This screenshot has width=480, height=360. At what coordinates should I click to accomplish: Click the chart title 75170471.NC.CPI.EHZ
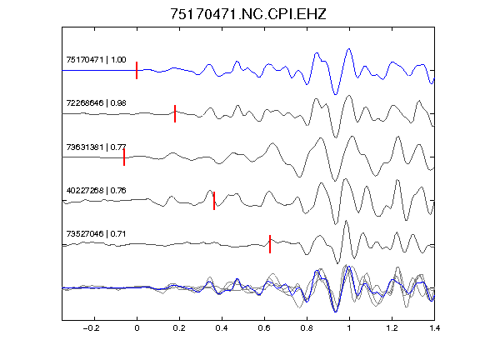(x=248, y=14)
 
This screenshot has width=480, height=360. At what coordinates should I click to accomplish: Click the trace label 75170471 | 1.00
(x=96, y=60)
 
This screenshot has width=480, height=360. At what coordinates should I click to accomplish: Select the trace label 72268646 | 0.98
(x=96, y=103)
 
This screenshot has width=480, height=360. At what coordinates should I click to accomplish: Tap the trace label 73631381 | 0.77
(x=96, y=147)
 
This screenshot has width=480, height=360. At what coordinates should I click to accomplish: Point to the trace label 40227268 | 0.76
(x=96, y=191)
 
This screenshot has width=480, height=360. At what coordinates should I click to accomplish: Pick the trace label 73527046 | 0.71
(x=96, y=234)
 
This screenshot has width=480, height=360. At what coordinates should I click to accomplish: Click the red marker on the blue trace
(x=137, y=70)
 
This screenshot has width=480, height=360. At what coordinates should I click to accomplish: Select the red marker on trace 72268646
(x=175, y=113)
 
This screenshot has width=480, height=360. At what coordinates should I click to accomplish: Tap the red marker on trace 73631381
(x=124, y=157)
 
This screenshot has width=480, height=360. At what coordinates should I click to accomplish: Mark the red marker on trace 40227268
(x=214, y=201)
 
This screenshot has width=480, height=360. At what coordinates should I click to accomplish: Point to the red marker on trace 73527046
(x=270, y=244)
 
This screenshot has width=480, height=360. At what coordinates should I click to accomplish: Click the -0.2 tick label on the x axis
(x=92, y=328)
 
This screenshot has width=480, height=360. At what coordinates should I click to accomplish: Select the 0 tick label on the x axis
(x=137, y=328)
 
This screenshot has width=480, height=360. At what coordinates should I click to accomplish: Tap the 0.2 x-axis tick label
(x=179, y=328)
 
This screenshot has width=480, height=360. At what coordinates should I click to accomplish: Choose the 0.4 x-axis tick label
(x=222, y=328)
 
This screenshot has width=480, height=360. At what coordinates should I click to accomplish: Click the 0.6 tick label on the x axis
(x=264, y=328)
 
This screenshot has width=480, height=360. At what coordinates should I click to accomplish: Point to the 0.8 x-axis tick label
(x=307, y=328)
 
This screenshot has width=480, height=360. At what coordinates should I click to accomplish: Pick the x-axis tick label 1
(x=349, y=328)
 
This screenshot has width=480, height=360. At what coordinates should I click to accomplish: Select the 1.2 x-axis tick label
(x=392, y=328)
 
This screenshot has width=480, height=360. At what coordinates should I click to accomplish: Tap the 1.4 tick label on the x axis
(x=434, y=328)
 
